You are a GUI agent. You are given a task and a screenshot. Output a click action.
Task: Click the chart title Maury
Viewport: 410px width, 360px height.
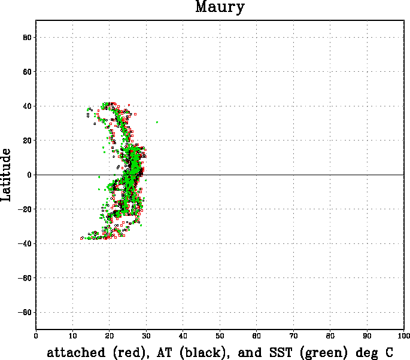tap(220, 7)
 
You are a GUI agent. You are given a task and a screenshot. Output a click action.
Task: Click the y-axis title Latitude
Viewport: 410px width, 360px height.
tap(6, 175)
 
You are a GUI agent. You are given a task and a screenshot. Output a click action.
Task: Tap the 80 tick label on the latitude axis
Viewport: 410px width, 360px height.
tap(27, 37)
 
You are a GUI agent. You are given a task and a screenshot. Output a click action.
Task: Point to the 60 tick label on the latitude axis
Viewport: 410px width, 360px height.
tap(27, 72)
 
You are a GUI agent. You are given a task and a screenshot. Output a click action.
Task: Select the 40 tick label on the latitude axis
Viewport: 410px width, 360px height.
tap(27, 106)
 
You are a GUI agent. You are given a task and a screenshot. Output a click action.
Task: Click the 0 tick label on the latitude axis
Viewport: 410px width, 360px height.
tap(29, 175)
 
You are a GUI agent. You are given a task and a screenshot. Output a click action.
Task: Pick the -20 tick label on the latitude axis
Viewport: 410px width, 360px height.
tap(25, 209)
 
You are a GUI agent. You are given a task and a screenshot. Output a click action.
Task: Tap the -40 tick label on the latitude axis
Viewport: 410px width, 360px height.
tap(25, 243)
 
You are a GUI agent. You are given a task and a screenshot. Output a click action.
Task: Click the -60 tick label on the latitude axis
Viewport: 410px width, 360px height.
tap(25, 278)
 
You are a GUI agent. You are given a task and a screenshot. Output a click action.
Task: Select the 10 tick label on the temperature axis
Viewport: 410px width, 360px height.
tap(72, 336)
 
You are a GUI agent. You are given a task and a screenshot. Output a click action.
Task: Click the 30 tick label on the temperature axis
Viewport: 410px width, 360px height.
tap(146, 336)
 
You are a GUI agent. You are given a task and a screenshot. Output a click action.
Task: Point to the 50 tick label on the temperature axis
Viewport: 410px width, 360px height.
tap(220, 336)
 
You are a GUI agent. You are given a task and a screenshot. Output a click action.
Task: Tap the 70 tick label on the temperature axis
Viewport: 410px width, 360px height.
tap(293, 336)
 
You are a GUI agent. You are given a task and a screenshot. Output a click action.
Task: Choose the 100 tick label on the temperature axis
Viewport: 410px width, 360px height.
tap(404, 336)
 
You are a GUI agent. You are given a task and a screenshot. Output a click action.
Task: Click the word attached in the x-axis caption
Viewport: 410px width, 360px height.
tap(76, 352)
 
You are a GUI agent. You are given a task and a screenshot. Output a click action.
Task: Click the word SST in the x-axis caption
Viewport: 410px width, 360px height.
tap(281, 352)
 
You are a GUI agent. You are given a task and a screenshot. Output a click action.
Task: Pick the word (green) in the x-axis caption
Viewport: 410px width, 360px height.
tap(324, 353)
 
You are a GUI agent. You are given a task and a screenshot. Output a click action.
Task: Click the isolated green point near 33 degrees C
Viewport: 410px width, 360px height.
tap(157, 122)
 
